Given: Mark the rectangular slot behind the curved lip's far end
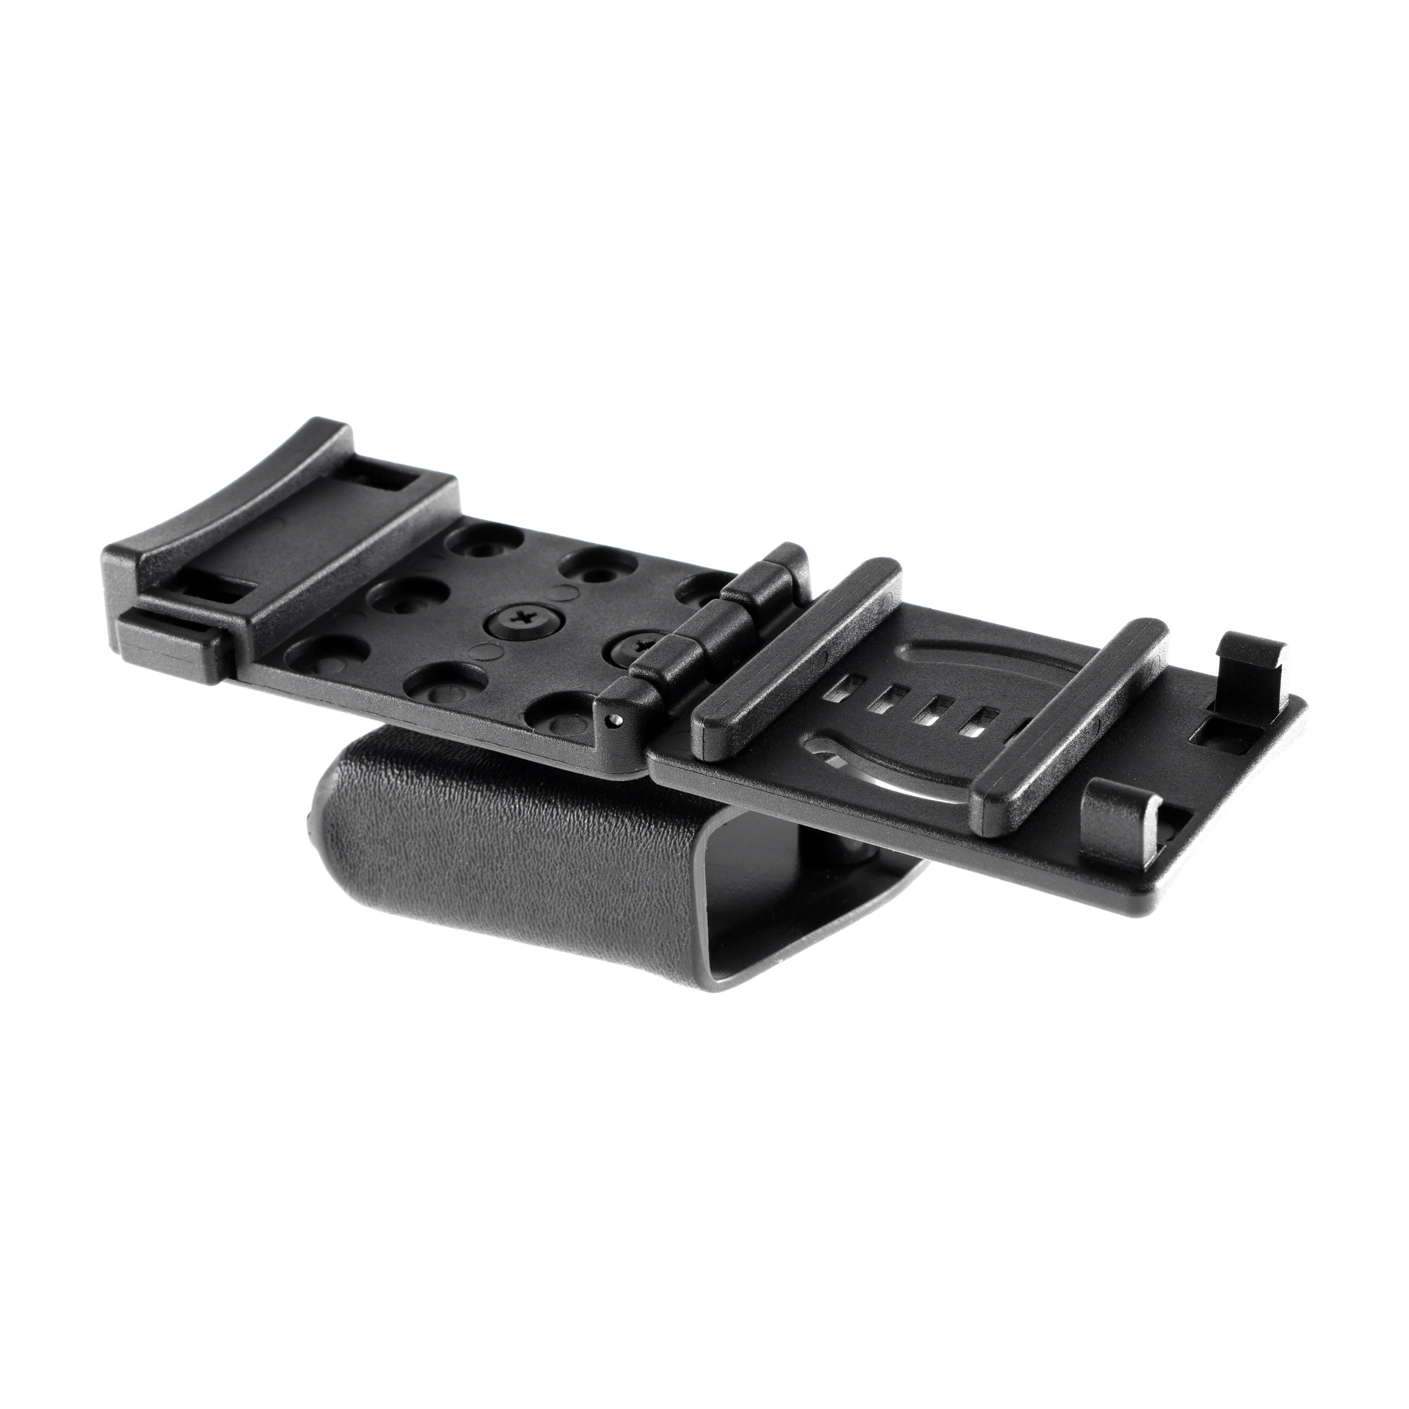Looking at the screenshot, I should click(x=394, y=482).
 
